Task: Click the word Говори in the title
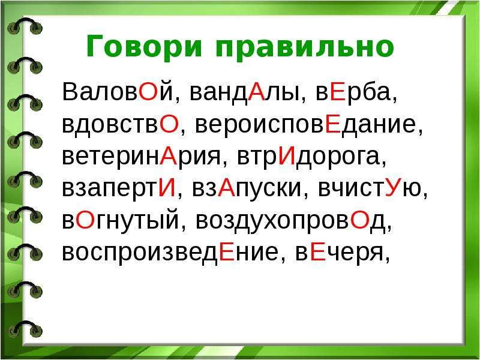pyautogui.click(x=144, y=46)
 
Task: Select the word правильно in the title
pyautogui.click(x=305, y=47)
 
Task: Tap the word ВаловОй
pyautogui.click(x=118, y=92)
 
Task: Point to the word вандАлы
pyautogui.click(x=244, y=92)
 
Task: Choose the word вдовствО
pyautogui.click(x=121, y=124)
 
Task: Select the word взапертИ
pyautogui.click(x=119, y=188)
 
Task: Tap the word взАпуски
pyautogui.click(x=247, y=189)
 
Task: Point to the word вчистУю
pyautogui.click(x=370, y=188)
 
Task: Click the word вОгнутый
pyautogui.click(x=121, y=221)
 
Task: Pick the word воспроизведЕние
pyautogui.click(x=170, y=253)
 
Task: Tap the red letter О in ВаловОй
pyautogui.click(x=148, y=92)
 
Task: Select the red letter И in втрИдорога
pyautogui.click(x=287, y=156)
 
